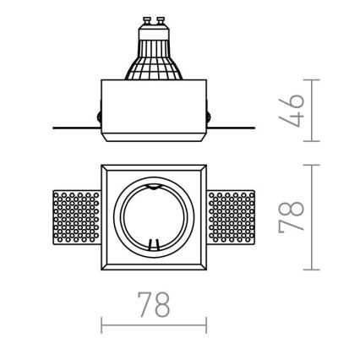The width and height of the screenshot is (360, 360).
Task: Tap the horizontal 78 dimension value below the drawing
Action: [155, 304]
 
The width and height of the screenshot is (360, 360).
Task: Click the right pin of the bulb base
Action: [161, 17]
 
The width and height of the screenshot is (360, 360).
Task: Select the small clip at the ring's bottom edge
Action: [154, 246]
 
